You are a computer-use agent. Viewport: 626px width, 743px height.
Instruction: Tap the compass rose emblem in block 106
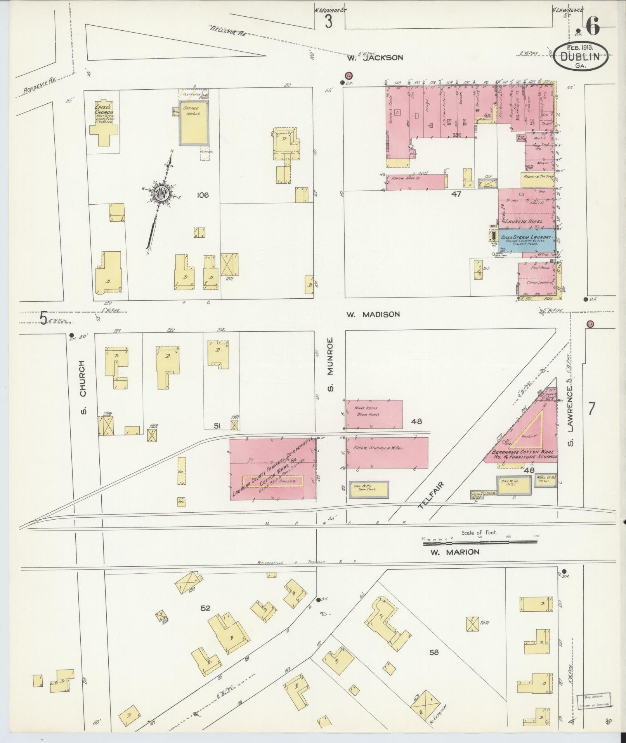click(x=161, y=193)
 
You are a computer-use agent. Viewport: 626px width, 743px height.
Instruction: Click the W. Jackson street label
click(x=375, y=57)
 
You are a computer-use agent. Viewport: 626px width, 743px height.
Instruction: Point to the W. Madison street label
click(x=373, y=314)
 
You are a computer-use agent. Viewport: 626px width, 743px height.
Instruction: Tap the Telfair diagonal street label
click(x=431, y=495)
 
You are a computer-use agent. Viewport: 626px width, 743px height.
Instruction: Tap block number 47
click(x=456, y=194)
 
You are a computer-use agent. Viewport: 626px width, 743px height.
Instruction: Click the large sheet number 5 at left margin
click(x=44, y=318)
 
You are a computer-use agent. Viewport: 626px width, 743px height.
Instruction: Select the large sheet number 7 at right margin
click(x=591, y=409)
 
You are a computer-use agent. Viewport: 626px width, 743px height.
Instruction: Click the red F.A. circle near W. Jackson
click(x=349, y=75)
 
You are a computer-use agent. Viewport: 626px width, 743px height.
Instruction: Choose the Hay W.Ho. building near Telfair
click(x=513, y=485)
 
